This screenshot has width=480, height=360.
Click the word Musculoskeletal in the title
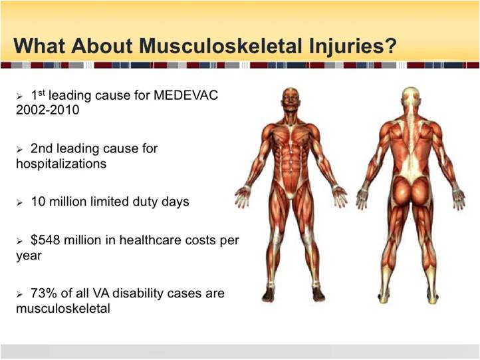pyautogui.click(x=220, y=46)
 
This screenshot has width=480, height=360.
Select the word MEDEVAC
pyautogui.click(x=185, y=95)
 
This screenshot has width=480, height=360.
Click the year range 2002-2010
pyautogui.click(x=47, y=110)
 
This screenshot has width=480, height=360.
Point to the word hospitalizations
pyautogui.click(x=61, y=164)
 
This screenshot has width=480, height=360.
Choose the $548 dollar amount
pyautogui.click(x=45, y=240)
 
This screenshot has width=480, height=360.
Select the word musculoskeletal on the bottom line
pyautogui.click(x=63, y=308)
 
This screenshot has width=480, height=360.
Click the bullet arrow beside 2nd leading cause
pyautogui.click(x=19, y=150)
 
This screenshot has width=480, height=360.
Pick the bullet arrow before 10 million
pyautogui.click(x=19, y=203)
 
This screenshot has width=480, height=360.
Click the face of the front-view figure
pyautogui.click(x=291, y=100)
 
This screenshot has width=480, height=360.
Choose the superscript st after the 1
pyautogui.click(x=42, y=92)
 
